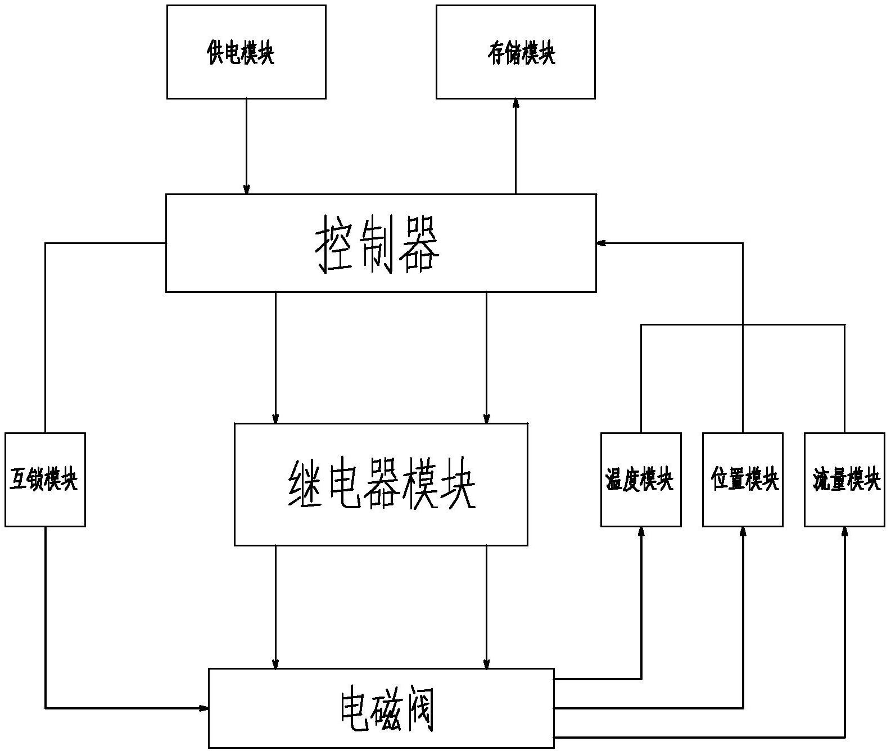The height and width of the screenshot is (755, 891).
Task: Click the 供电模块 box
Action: tap(246, 52)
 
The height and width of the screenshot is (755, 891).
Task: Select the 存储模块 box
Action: tap(515, 52)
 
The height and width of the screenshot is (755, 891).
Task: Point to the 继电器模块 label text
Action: tap(382, 484)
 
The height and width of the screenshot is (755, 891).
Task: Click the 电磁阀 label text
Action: tap(387, 709)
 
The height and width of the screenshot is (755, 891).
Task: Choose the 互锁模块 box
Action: tap(45, 480)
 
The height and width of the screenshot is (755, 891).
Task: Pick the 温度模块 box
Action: tap(641, 480)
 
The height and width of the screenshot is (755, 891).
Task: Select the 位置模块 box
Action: tap(743, 480)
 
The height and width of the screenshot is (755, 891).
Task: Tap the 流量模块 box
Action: tap(844, 480)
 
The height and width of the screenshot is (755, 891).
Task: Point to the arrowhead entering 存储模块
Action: tap(515, 103)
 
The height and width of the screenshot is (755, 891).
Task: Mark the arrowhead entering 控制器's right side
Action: tap(601, 243)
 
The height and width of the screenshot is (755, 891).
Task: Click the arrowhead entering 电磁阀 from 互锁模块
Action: tap(204, 708)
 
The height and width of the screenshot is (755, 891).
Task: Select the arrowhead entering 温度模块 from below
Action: tap(641, 531)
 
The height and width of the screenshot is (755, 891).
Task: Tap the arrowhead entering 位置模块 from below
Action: tap(743, 531)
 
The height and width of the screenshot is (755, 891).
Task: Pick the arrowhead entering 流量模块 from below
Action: tap(844, 531)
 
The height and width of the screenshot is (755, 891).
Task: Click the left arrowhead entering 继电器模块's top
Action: tap(275, 419)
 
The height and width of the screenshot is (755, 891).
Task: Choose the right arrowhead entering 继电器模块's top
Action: tap(487, 419)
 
